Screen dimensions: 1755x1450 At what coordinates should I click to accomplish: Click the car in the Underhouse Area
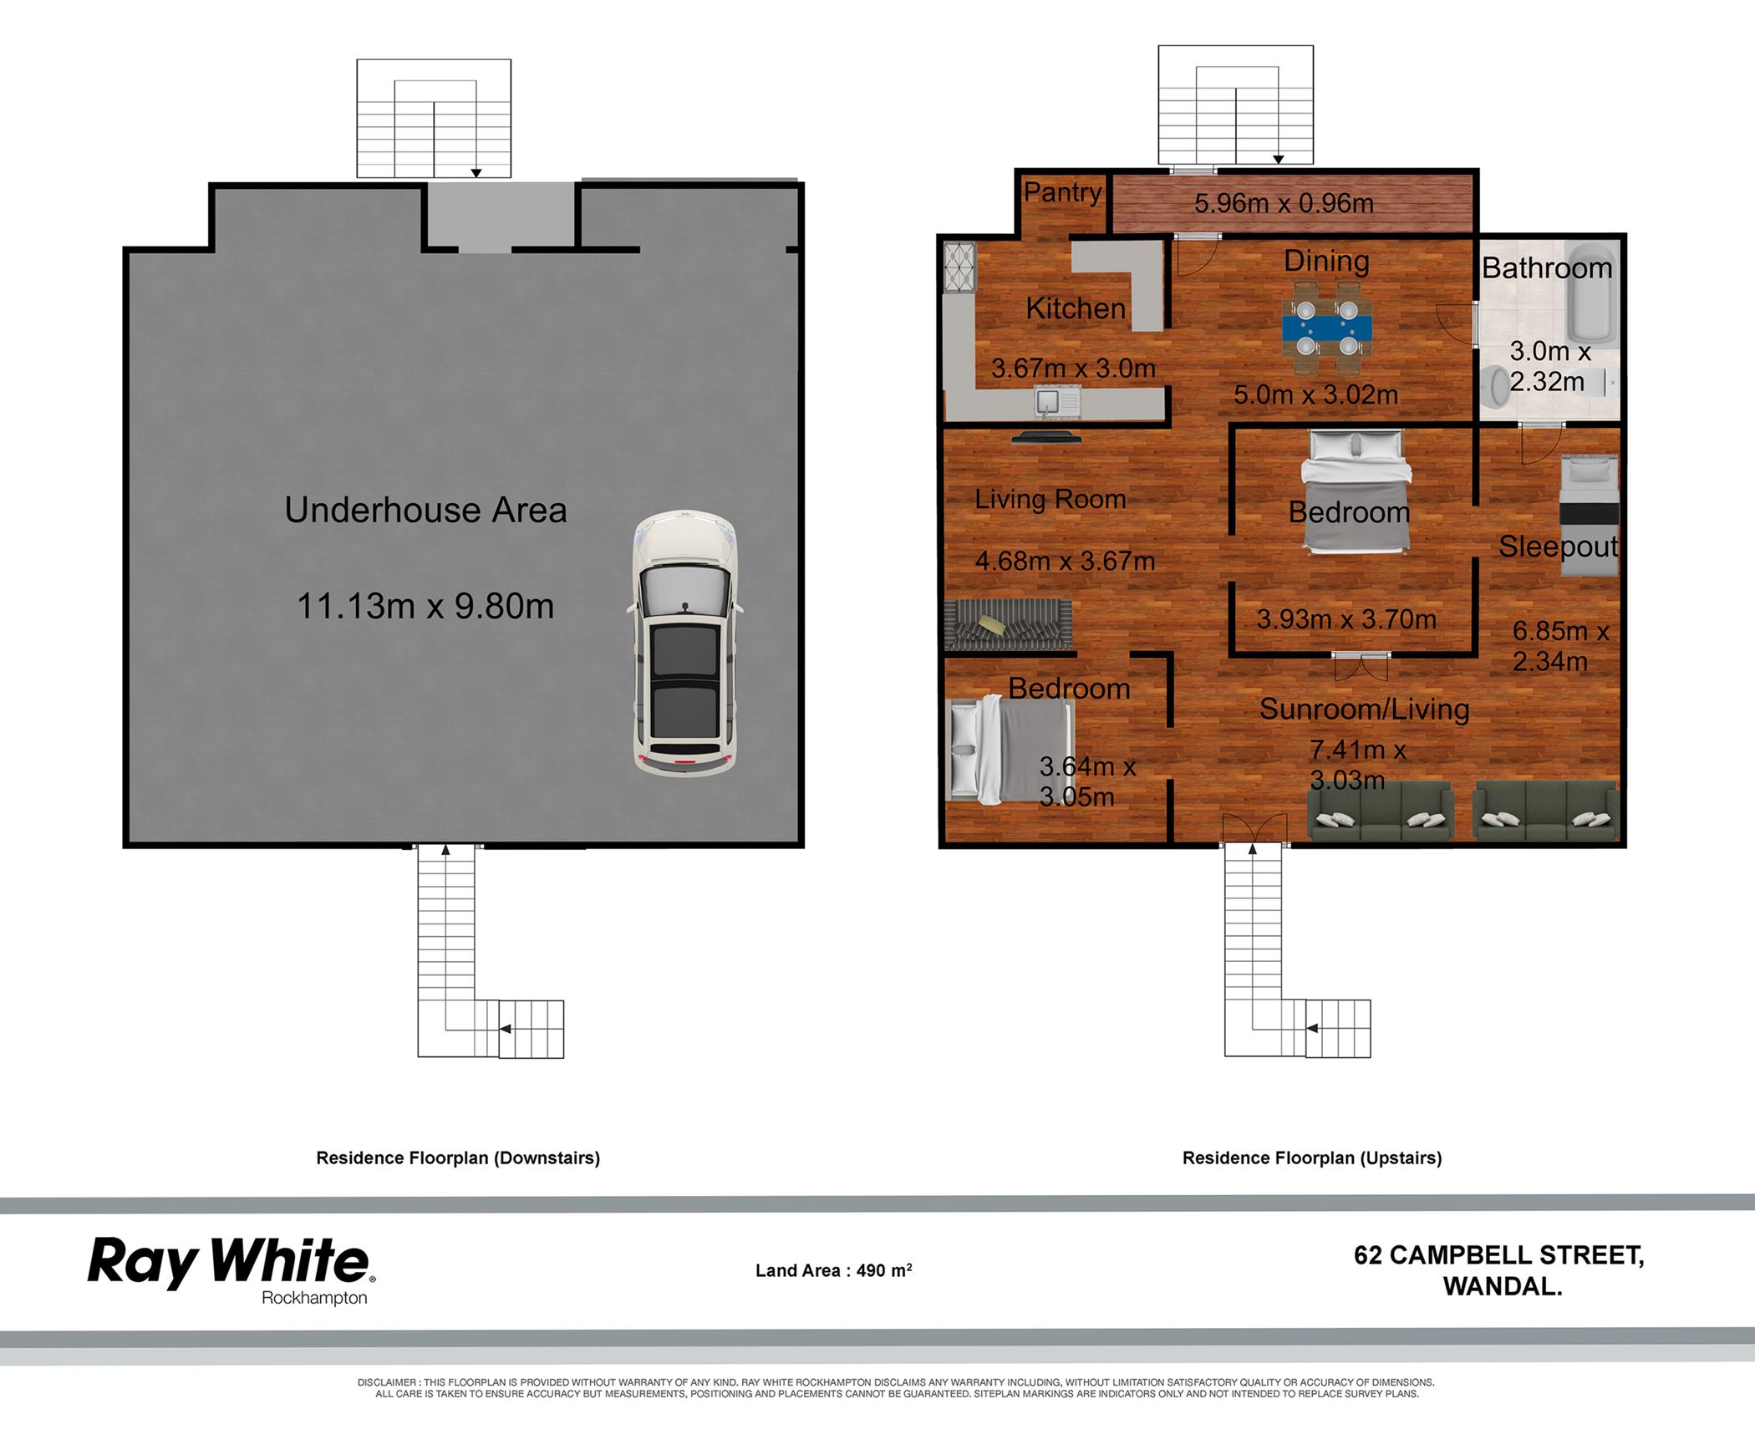click(685, 644)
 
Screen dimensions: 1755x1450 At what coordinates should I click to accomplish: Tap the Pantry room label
click(1063, 192)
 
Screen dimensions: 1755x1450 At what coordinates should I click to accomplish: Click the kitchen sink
click(1057, 402)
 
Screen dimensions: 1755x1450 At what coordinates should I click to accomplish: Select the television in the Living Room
click(1046, 436)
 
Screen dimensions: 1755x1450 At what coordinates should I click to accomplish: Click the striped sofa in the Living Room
click(1008, 624)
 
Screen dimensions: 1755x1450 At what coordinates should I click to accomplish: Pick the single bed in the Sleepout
click(1590, 515)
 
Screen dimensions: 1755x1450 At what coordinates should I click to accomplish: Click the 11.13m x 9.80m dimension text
click(425, 606)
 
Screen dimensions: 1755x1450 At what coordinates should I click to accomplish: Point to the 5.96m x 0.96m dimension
click(1284, 203)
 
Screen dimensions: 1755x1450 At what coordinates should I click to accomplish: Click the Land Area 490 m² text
click(833, 1270)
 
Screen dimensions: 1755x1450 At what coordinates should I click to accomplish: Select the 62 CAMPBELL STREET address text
click(1499, 1255)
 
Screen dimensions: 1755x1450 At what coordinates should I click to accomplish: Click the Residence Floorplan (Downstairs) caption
click(458, 1157)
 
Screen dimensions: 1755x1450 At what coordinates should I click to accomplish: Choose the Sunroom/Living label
click(1364, 709)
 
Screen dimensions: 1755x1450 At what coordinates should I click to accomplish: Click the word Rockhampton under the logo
click(314, 1298)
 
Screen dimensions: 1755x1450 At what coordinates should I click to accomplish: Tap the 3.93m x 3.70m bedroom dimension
click(1346, 619)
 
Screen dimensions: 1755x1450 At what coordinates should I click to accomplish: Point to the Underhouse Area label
click(425, 510)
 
